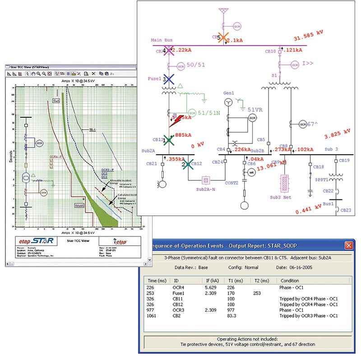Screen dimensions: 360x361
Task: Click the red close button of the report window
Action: [x=348, y=245]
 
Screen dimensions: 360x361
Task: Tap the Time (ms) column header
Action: [x=156, y=280]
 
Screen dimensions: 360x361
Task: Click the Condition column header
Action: [x=290, y=280]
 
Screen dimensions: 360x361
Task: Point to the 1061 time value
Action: [x=152, y=316]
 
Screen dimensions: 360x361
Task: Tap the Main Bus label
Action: [x=162, y=40]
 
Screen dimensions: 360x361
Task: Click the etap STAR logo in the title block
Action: [x=37, y=240]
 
